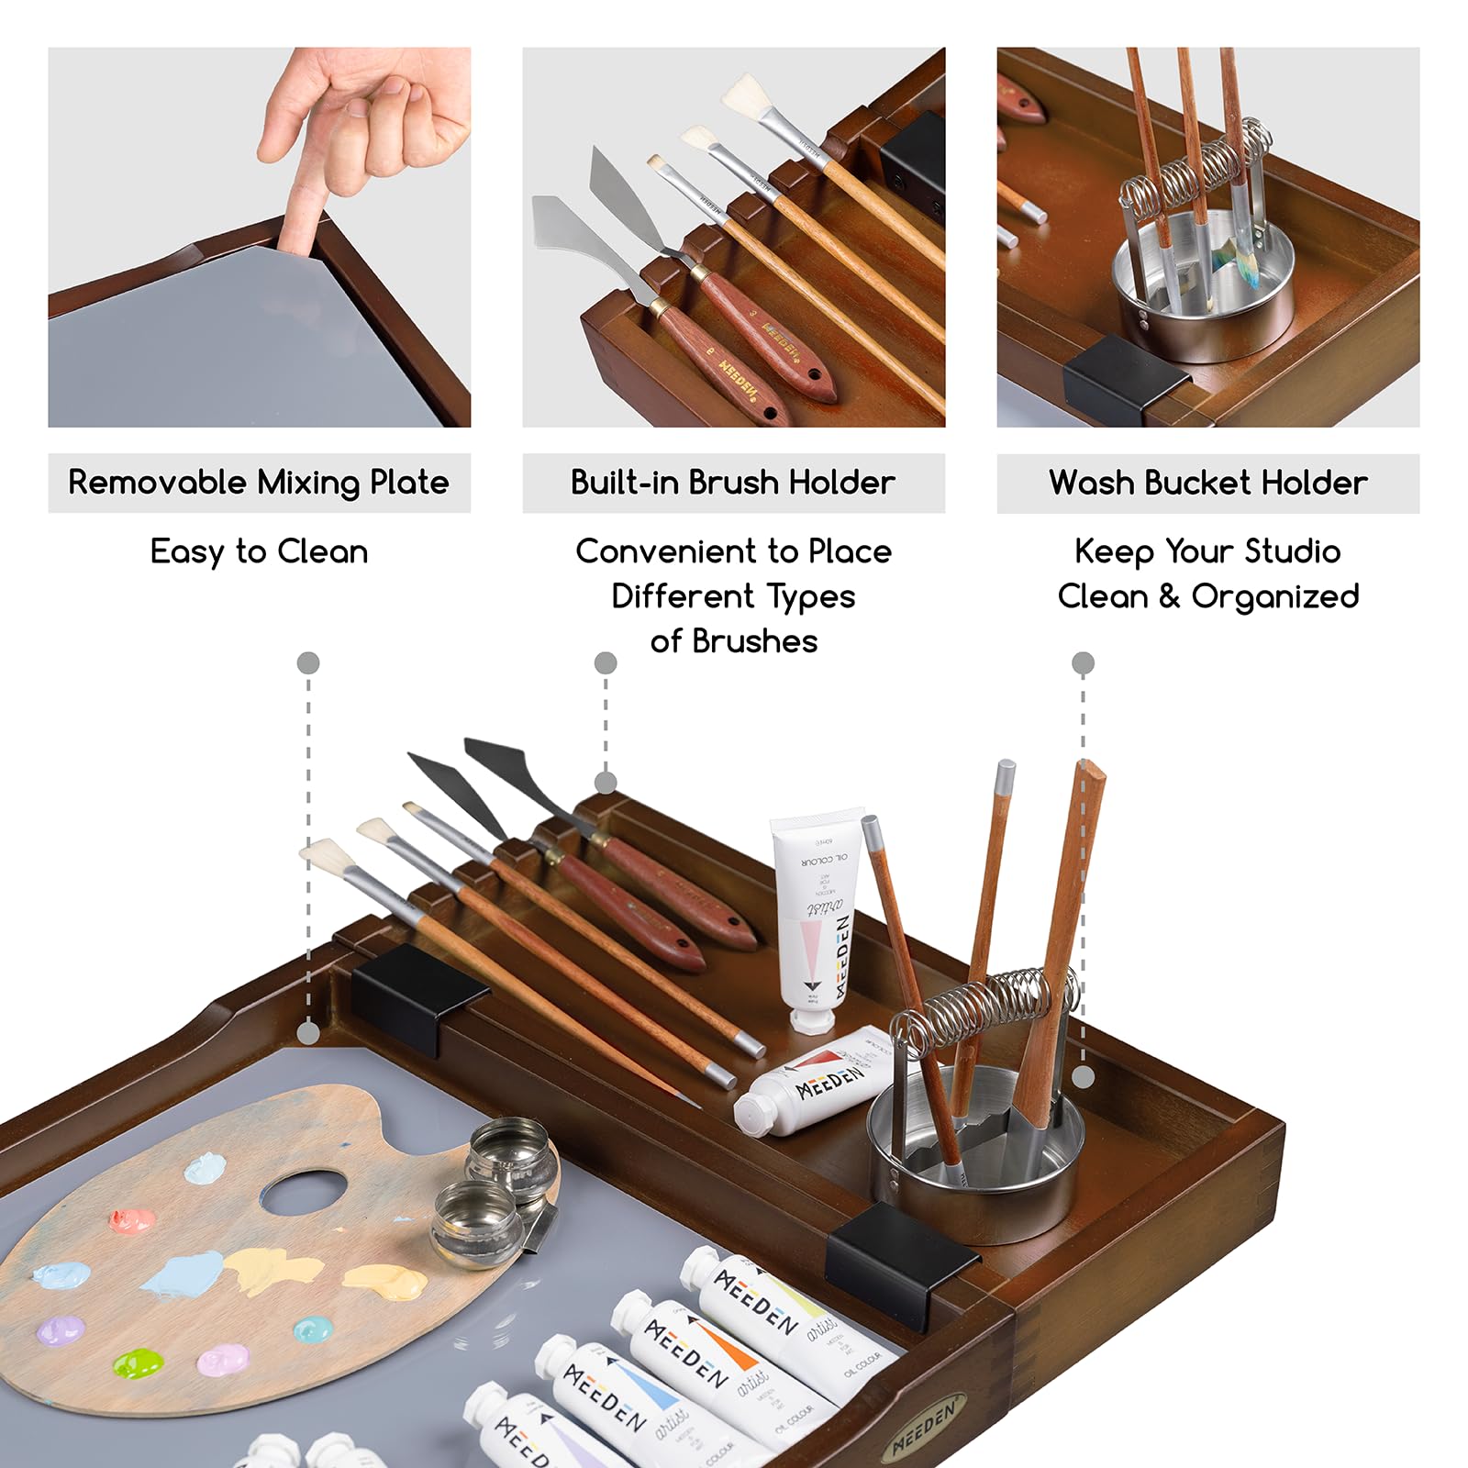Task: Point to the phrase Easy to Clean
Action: [x=259, y=551]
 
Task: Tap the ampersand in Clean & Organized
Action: [x=1169, y=596]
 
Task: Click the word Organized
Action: [x=1275, y=597]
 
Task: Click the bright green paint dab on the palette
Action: [x=138, y=1362]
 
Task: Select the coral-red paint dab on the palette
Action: [x=132, y=1219]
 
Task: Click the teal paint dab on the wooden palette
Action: [x=311, y=1328]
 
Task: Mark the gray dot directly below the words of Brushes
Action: [x=606, y=662]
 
